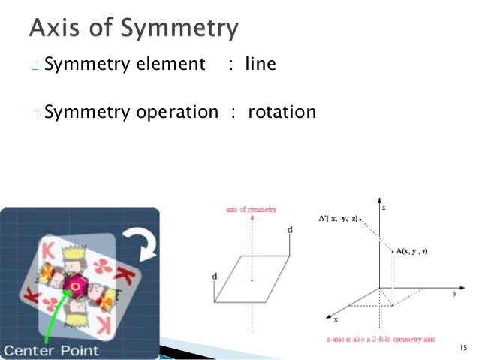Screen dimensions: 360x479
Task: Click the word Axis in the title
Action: (x=56, y=28)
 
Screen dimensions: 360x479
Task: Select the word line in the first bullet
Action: (x=261, y=65)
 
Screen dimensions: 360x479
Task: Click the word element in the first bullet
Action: (x=170, y=65)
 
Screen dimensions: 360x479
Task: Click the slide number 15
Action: (x=462, y=347)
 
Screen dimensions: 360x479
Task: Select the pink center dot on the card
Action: (x=76, y=286)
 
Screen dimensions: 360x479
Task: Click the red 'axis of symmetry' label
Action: (x=252, y=209)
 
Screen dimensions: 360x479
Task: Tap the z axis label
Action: (x=384, y=206)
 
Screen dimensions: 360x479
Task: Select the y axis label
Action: (x=454, y=293)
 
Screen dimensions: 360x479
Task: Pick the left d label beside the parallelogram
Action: (x=215, y=277)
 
